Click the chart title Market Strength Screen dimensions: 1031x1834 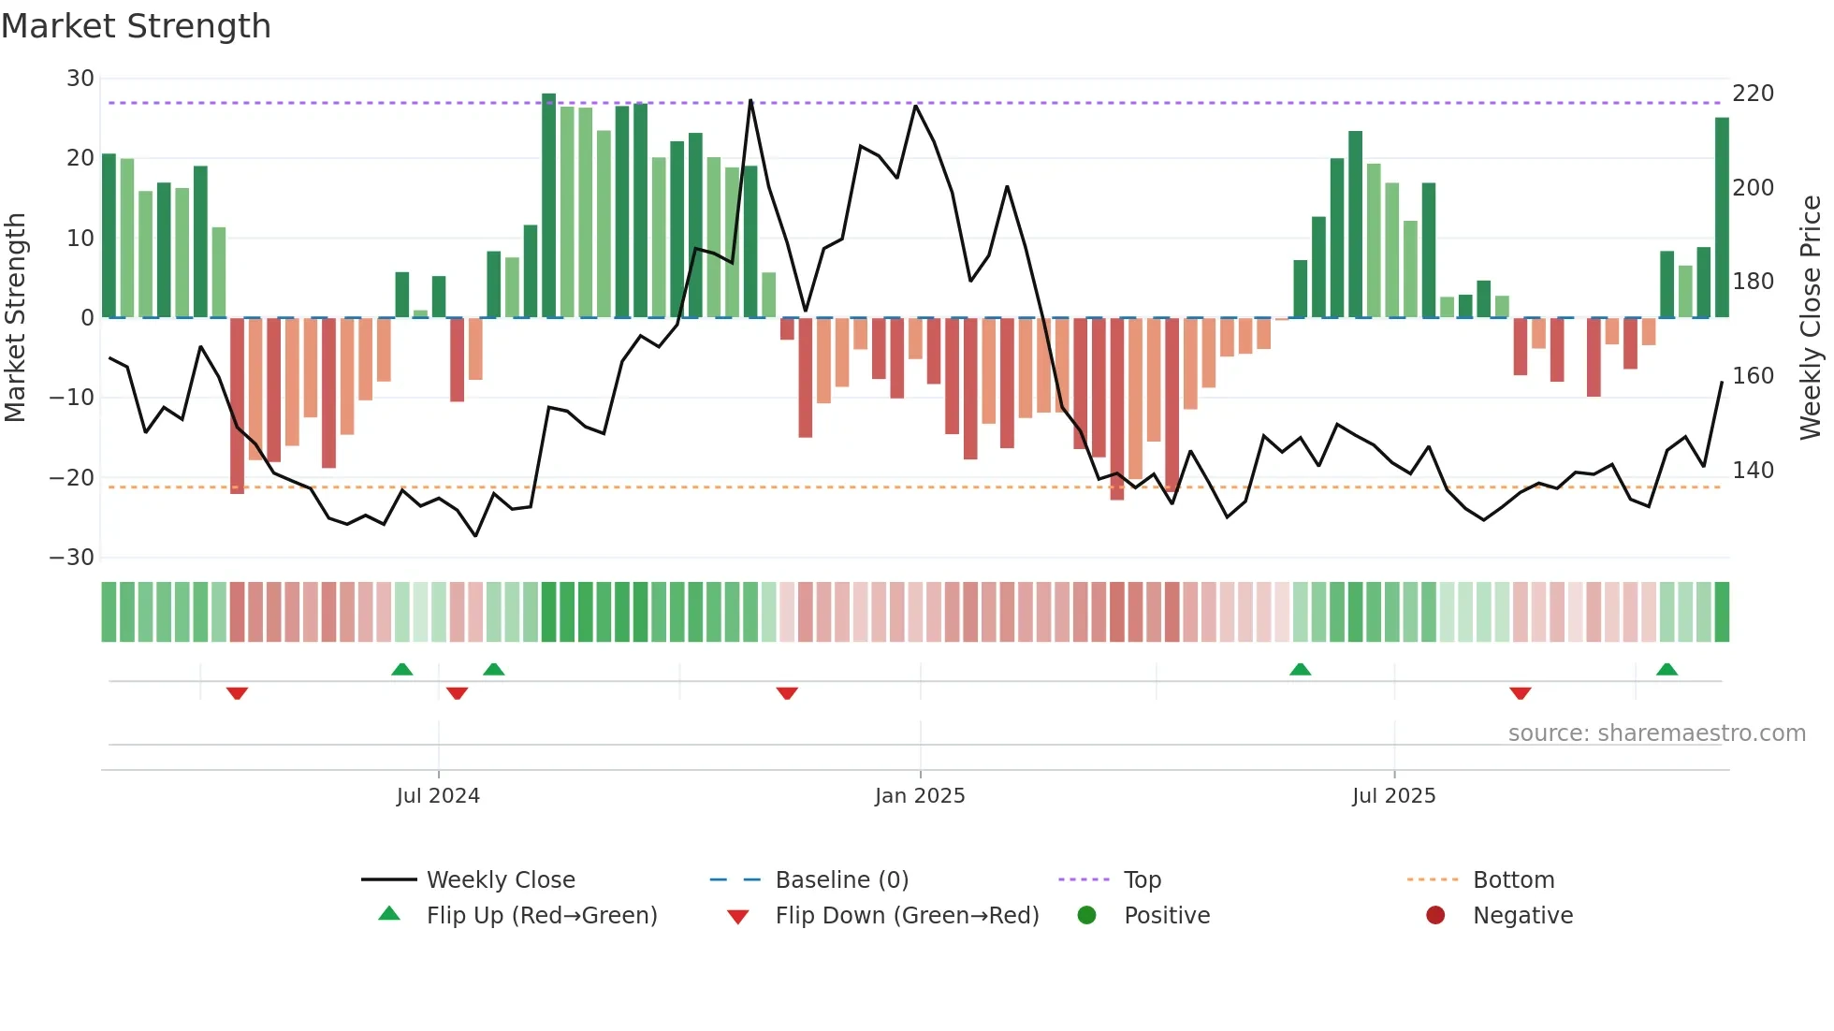pyautogui.click(x=136, y=26)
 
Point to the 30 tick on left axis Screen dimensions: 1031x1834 pyautogui.click(x=80, y=79)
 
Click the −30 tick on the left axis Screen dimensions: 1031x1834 pyautogui.click(x=72, y=558)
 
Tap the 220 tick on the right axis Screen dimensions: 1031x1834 pyautogui.click(x=1753, y=94)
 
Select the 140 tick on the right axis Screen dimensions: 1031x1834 pyautogui.click(x=1753, y=471)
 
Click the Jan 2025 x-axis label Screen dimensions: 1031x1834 pyautogui.click(x=920, y=796)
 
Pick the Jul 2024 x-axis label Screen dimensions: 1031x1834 pyautogui.click(x=438, y=796)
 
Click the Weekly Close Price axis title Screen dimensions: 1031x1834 pyautogui.click(x=1811, y=318)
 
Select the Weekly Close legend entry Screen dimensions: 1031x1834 pyautogui.click(x=501, y=880)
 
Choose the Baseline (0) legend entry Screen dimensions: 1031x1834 pyautogui.click(x=841, y=880)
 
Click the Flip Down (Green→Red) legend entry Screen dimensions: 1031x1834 pyautogui.click(x=907, y=916)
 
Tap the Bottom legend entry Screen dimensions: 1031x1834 pyautogui.click(x=1513, y=880)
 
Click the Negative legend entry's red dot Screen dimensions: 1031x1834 pyautogui.click(x=1435, y=916)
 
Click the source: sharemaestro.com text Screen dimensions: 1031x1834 pyautogui.click(x=1656, y=733)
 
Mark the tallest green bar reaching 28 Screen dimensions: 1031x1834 pyautogui.click(x=549, y=206)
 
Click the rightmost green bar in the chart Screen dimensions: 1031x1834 pyautogui.click(x=1722, y=217)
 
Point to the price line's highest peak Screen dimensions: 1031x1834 pyautogui.click(x=750, y=101)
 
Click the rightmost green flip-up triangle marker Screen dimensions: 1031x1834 pyautogui.click(x=1667, y=670)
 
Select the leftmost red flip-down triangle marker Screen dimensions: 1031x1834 pyautogui.click(x=237, y=693)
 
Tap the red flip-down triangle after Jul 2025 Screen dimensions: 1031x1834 pyautogui.click(x=1520, y=693)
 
